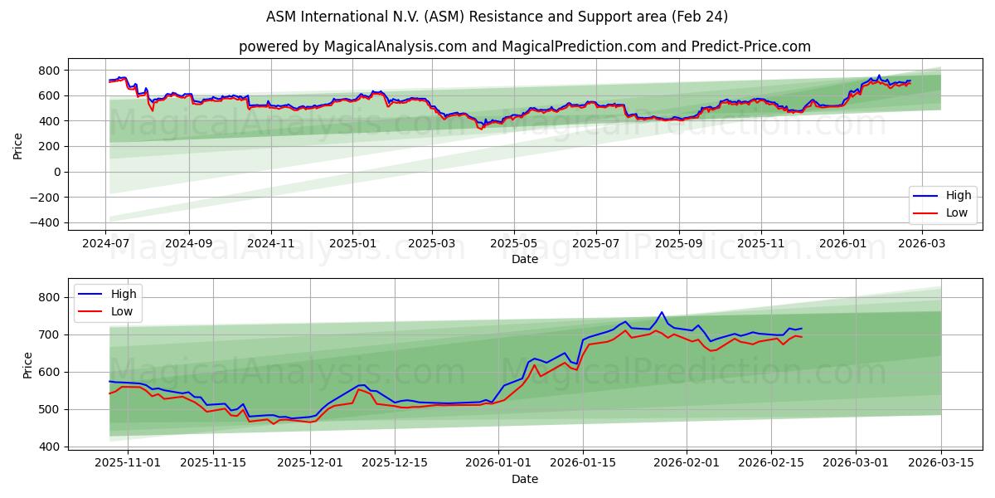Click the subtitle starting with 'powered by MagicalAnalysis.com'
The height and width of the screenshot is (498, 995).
pos(524,46)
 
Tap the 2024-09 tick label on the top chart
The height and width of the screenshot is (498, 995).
pos(188,244)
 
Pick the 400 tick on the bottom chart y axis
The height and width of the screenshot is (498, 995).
pos(51,447)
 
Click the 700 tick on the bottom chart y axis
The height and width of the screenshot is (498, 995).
pos(51,334)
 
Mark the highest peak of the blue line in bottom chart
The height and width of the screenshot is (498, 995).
pos(662,312)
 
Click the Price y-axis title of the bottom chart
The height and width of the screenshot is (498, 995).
pos(27,365)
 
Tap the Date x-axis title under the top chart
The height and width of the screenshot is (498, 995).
pos(524,259)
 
